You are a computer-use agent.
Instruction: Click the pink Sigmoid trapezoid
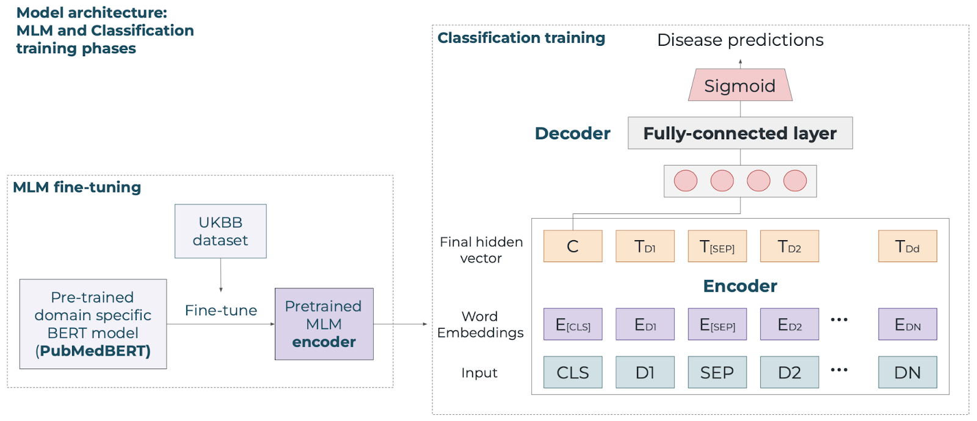pos(740,85)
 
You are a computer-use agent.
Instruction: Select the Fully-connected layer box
pos(740,133)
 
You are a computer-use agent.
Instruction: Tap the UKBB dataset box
pos(220,231)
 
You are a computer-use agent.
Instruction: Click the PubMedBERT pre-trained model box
pos(93,324)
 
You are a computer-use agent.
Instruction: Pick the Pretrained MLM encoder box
pos(324,324)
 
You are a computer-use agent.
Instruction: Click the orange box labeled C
pos(573,246)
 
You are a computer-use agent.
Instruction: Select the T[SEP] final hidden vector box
pos(717,246)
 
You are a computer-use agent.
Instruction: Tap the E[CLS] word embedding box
pos(573,324)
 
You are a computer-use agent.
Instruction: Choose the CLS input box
pos(573,372)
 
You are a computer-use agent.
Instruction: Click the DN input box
pos(907,372)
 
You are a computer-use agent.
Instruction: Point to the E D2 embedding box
pos(790,324)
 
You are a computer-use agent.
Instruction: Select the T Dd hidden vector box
pos(907,246)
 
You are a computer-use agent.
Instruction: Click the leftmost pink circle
pos(686,181)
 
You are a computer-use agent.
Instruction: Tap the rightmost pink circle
pos(795,181)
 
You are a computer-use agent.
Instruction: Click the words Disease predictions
pos(740,40)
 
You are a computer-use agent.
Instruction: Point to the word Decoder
pos(572,133)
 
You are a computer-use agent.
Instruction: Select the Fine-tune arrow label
pos(220,310)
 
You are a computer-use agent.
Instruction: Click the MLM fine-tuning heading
pos(77,187)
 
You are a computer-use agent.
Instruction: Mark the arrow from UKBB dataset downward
pos(220,275)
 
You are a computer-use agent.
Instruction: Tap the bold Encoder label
pos(740,286)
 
